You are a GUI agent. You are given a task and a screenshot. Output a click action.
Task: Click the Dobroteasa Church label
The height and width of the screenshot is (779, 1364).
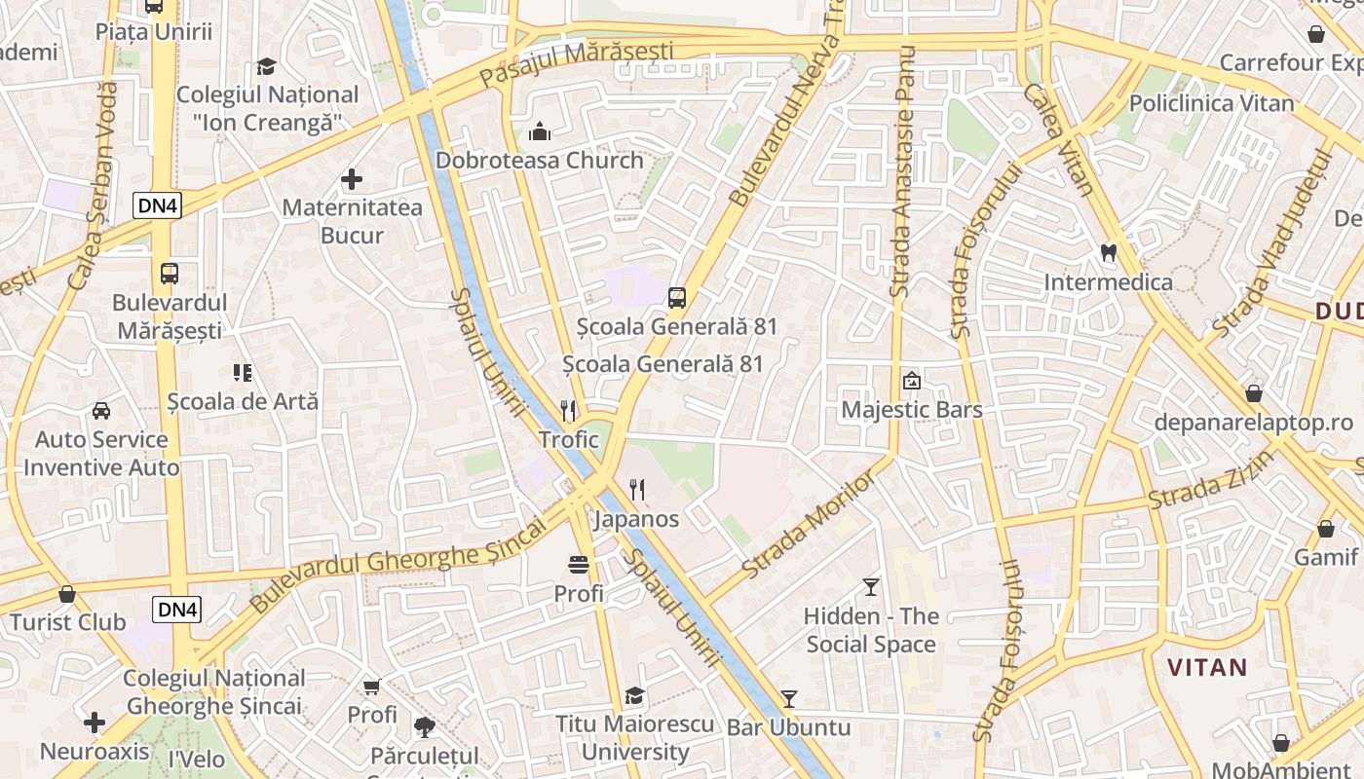click(539, 161)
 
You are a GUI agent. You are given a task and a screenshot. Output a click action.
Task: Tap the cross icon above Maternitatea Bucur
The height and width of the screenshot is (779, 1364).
click(352, 179)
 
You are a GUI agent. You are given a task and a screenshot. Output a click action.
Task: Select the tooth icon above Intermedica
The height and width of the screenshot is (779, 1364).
click(1108, 252)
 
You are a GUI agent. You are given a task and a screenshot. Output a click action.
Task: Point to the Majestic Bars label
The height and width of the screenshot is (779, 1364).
click(912, 410)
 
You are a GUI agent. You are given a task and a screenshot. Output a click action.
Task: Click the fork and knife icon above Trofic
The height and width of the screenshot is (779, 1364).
click(569, 411)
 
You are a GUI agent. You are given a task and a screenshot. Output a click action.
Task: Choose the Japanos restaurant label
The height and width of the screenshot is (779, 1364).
click(636, 519)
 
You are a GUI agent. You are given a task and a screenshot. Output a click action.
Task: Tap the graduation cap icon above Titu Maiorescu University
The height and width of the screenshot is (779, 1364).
click(635, 695)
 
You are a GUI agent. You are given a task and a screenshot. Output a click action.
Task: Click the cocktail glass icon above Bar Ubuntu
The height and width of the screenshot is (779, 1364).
click(789, 699)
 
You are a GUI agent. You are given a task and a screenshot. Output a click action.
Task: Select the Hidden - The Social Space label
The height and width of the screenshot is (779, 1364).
click(871, 631)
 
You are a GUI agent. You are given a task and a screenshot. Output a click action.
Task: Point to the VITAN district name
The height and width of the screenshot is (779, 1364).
click(1207, 668)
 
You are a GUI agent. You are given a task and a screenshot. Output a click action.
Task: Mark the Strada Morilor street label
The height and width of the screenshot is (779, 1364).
click(796, 526)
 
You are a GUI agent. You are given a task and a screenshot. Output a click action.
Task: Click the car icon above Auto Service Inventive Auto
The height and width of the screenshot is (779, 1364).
click(101, 411)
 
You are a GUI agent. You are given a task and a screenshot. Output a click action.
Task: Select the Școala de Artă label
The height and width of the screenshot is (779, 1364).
click(243, 401)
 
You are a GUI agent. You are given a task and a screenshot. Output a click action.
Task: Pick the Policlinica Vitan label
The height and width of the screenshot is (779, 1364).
click(1211, 103)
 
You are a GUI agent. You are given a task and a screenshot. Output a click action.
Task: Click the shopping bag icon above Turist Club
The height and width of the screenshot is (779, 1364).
click(67, 594)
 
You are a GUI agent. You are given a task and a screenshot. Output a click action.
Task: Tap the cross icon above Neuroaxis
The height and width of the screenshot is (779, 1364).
click(95, 723)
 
